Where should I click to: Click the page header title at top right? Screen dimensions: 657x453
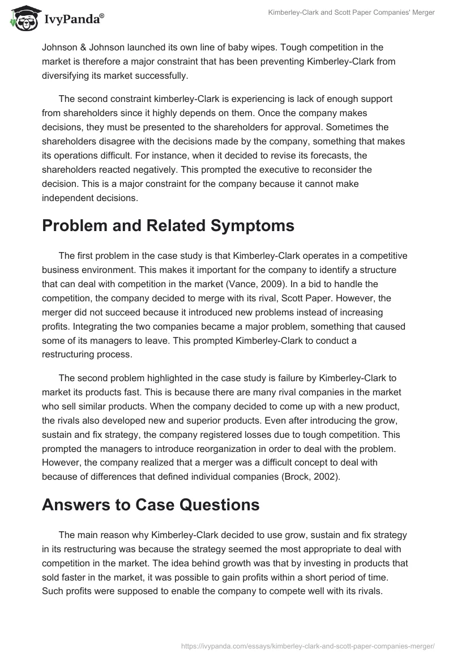pyautogui.click(x=351, y=13)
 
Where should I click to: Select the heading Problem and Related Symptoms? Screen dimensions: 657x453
pyautogui.click(x=168, y=225)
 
